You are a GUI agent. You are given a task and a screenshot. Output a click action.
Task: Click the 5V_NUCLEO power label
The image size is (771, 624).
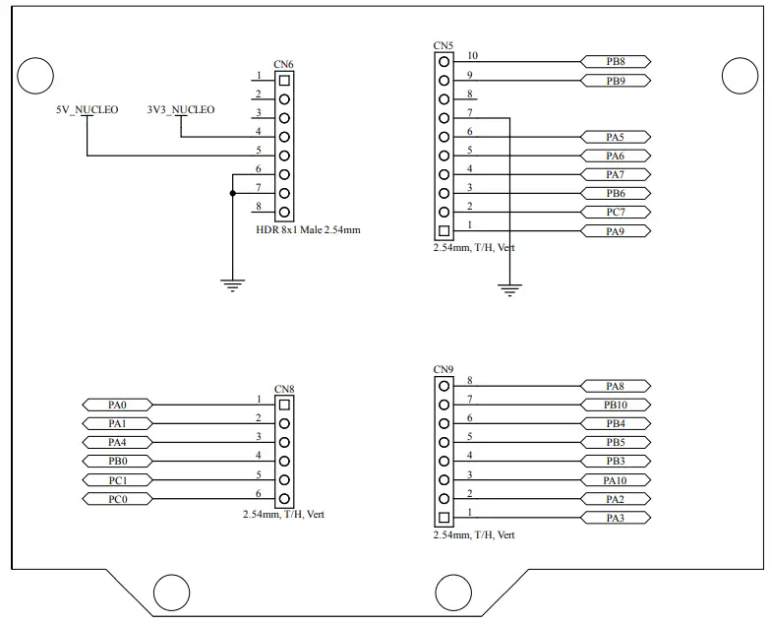point(88,109)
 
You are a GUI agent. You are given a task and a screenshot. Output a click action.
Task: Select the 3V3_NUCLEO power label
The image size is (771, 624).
point(180,109)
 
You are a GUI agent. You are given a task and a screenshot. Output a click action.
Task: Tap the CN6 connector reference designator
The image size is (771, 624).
point(283,64)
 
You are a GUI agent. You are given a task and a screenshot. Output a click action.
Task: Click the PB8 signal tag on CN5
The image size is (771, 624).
point(616,61)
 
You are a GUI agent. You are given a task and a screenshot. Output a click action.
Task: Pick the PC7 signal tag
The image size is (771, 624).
point(616,212)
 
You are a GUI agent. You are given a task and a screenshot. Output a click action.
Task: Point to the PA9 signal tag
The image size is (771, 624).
point(616,231)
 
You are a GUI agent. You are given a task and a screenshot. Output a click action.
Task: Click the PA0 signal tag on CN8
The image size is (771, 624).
point(117,405)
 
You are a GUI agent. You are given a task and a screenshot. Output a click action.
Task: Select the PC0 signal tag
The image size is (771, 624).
point(117,500)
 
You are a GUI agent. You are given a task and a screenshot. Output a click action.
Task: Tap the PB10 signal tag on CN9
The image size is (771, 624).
point(616,405)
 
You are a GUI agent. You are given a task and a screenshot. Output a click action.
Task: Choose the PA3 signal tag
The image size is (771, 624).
point(616,518)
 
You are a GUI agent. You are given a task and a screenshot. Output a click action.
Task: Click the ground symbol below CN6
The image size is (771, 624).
point(231,284)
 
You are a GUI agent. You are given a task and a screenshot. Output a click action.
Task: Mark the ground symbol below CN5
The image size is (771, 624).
point(509,289)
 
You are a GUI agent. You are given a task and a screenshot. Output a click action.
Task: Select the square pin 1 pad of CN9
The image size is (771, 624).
point(444,518)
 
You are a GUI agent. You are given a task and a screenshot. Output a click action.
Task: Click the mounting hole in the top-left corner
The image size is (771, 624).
point(35,76)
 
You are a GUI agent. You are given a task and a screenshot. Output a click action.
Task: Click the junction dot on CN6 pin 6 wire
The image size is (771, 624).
point(232,193)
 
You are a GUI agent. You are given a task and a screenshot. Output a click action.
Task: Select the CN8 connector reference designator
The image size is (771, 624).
point(283,389)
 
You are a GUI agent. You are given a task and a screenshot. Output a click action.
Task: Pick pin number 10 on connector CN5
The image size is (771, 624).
point(473,56)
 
